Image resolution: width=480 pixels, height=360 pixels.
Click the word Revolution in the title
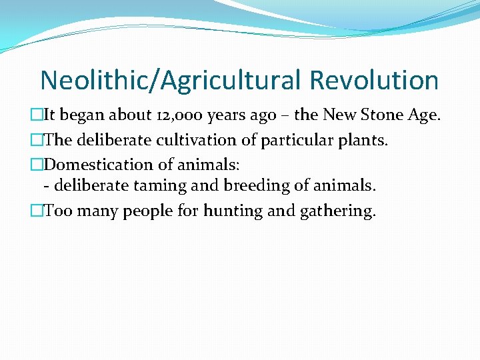tap(373, 81)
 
